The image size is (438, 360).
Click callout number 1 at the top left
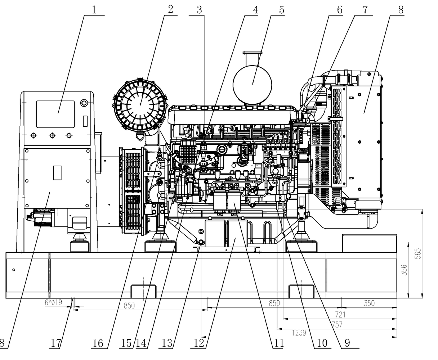pyautogui.click(x=94, y=9)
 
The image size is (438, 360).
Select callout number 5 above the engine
pyautogui.click(x=281, y=9)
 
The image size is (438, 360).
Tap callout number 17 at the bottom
pyautogui.click(x=56, y=343)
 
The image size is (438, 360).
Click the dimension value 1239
pyautogui.click(x=298, y=333)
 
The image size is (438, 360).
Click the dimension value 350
pyautogui.click(x=369, y=303)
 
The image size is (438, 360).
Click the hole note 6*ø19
pyautogui.click(x=53, y=303)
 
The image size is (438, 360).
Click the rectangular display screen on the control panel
pyautogui.click(x=55, y=114)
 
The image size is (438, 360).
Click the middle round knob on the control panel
pyautogui.click(x=52, y=135)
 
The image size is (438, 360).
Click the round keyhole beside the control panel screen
pyautogui.click(x=84, y=103)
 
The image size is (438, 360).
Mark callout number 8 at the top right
pyautogui.click(x=401, y=9)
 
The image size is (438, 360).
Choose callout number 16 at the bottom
pyautogui.click(x=98, y=343)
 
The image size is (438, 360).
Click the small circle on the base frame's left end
pyautogui.click(x=13, y=270)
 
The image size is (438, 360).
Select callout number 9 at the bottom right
pyautogui.click(x=347, y=343)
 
